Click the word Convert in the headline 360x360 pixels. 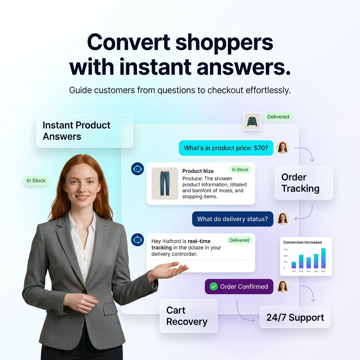click(x=128, y=43)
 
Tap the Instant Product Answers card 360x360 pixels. click(x=84, y=131)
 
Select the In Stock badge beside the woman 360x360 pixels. click(x=36, y=181)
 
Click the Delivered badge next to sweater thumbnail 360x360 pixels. click(x=278, y=117)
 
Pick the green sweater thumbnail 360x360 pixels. click(x=252, y=122)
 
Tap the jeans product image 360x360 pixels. click(x=165, y=184)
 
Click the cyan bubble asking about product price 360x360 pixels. click(x=226, y=148)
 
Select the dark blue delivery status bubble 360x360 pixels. click(x=232, y=219)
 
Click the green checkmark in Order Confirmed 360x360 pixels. click(x=213, y=287)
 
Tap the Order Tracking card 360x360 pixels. click(x=303, y=183)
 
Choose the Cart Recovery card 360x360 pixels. click(x=188, y=316)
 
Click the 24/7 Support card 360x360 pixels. click(x=295, y=317)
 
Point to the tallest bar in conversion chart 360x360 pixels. click(x=323, y=258)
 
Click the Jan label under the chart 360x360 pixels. click(x=294, y=271)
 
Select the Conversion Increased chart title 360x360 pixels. click(x=302, y=242)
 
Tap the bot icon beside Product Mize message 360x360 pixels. click(x=137, y=169)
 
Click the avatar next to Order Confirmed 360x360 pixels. click(x=282, y=287)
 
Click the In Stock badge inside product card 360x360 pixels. click(x=240, y=170)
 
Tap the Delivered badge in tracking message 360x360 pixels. click(x=239, y=240)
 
